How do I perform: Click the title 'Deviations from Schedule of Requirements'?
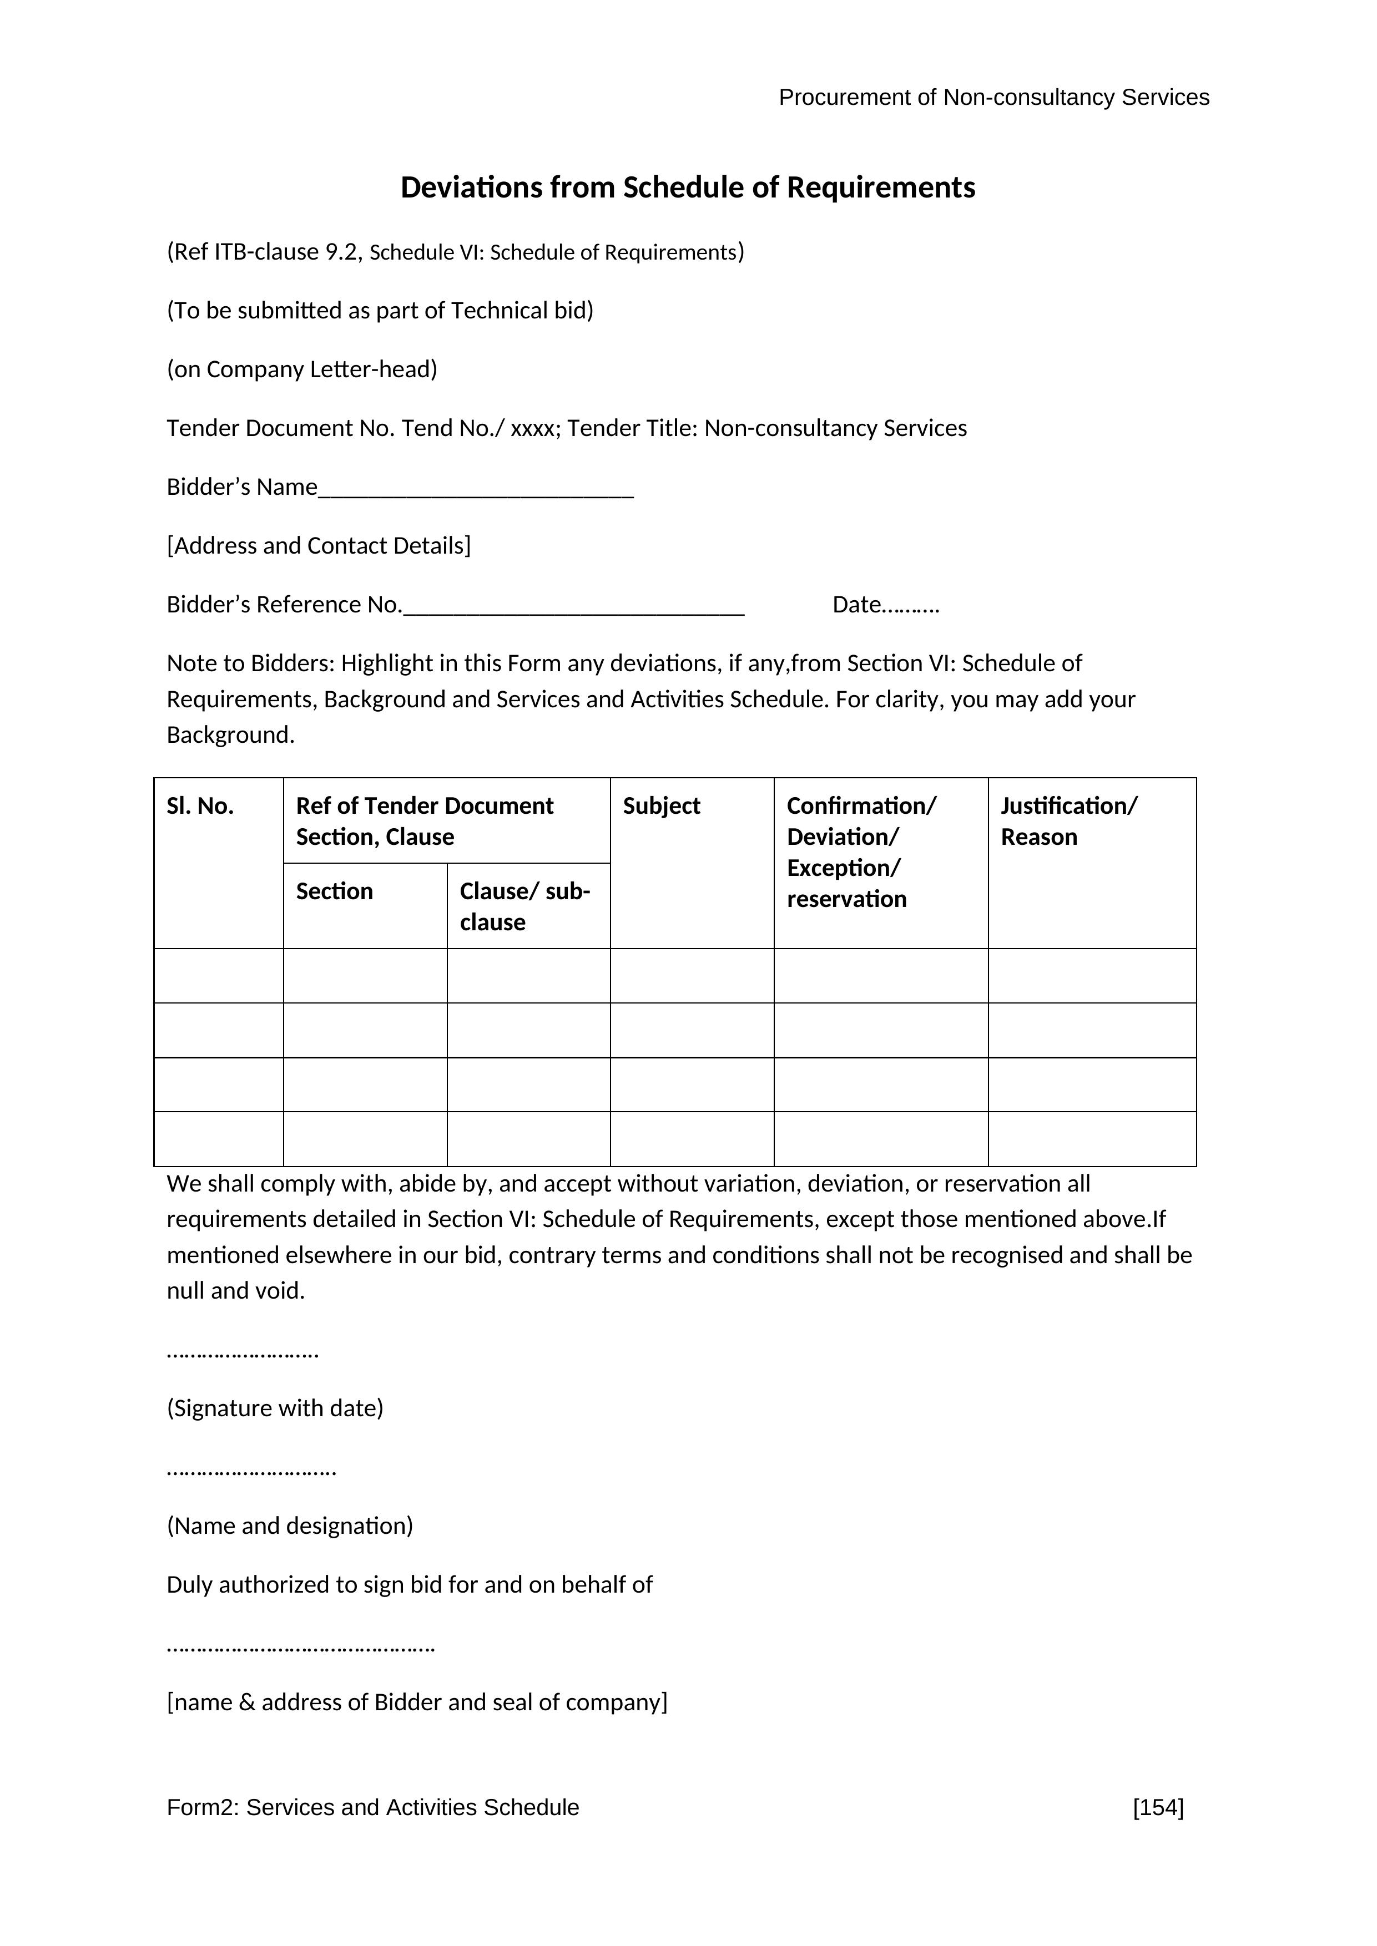688,187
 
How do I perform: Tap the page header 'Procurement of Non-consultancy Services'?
993,98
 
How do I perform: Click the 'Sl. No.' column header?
200,806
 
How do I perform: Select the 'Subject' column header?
662,806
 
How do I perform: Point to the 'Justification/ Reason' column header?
1068,822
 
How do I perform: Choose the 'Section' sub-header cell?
334,891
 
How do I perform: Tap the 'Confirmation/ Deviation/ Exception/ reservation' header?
861,852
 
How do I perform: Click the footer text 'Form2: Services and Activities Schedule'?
373,1808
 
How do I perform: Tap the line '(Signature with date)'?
275,1408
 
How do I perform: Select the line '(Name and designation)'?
290,1526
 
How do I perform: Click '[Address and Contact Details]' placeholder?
319,546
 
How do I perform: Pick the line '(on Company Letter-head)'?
302,369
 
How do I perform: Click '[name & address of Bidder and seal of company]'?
417,1702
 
